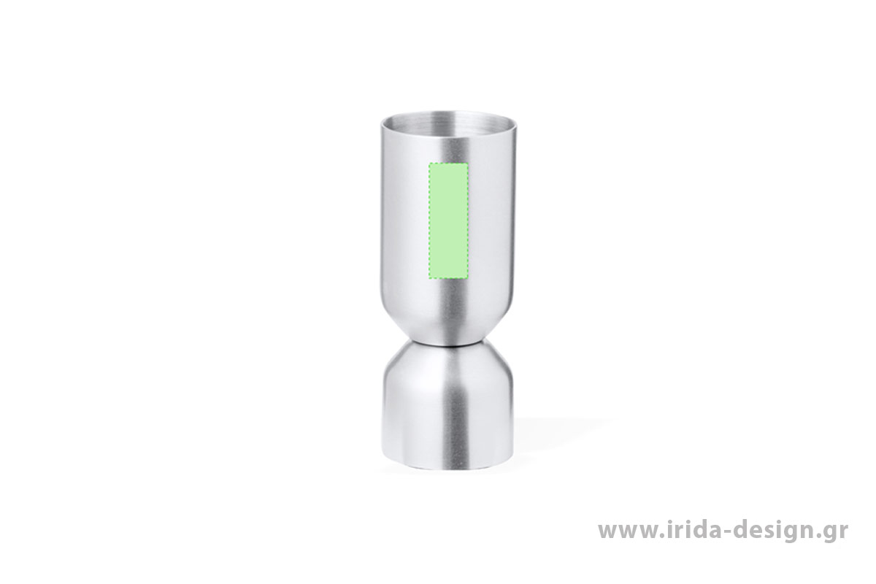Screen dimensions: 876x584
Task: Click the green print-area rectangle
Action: [x=448, y=220]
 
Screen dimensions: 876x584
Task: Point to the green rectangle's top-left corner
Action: [x=429, y=163]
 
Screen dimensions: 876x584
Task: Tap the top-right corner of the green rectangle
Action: [x=468, y=163]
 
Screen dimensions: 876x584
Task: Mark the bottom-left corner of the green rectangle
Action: [x=429, y=279]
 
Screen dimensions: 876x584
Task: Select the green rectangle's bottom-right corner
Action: [x=468, y=279]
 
